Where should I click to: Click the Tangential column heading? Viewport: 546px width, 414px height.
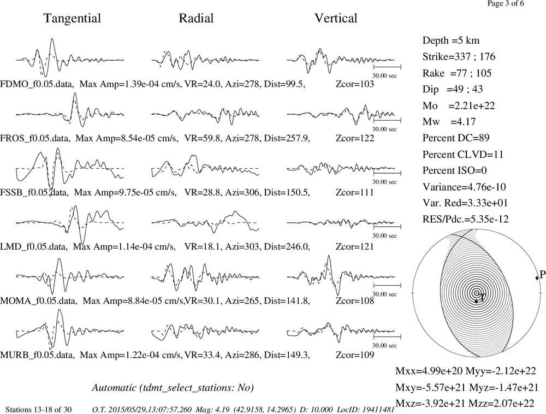72,19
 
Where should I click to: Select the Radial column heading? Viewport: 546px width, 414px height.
196,18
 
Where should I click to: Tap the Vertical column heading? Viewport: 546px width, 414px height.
336,18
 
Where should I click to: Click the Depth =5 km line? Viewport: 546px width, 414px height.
451,40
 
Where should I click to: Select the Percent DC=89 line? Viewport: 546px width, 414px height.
456,138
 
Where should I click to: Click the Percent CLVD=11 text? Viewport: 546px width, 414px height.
463,154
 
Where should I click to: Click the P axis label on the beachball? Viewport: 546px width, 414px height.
542,275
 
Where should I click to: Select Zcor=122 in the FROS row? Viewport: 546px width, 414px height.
355,138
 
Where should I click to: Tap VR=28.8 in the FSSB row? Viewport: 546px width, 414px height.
203,192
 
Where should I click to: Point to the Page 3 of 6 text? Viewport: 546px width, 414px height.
505,3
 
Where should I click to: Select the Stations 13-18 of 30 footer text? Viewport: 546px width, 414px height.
39,410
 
